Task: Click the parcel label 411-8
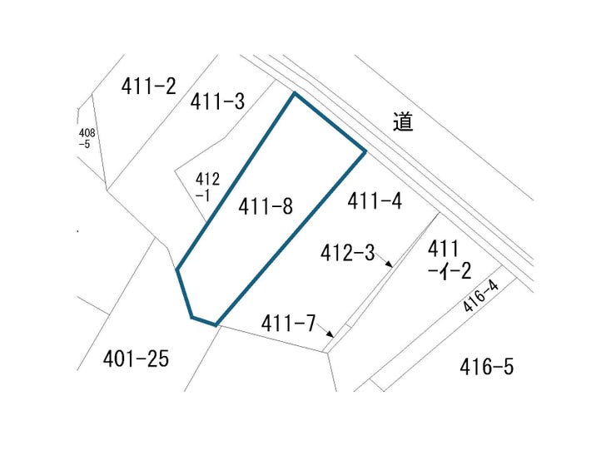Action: coord(266,205)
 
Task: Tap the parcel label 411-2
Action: coord(148,86)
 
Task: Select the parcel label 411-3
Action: coord(217,101)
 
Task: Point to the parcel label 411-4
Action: coord(375,200)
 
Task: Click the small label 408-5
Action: coord(87,139)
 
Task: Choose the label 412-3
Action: coord(348,253)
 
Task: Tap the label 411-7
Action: coord(288,324)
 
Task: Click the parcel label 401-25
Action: coord(136,359)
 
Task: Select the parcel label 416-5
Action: coord(487,367)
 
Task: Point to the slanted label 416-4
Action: coord(480,296)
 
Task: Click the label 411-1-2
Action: coord(449,260)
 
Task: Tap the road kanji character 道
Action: coord(403,121)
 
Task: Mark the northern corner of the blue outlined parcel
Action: coord(294,93)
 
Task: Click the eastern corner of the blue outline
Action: coord(365,151)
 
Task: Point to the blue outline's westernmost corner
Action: coord(177,270)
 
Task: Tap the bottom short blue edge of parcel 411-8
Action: coord(203,321)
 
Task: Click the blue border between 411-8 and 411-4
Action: coord(291,238)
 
